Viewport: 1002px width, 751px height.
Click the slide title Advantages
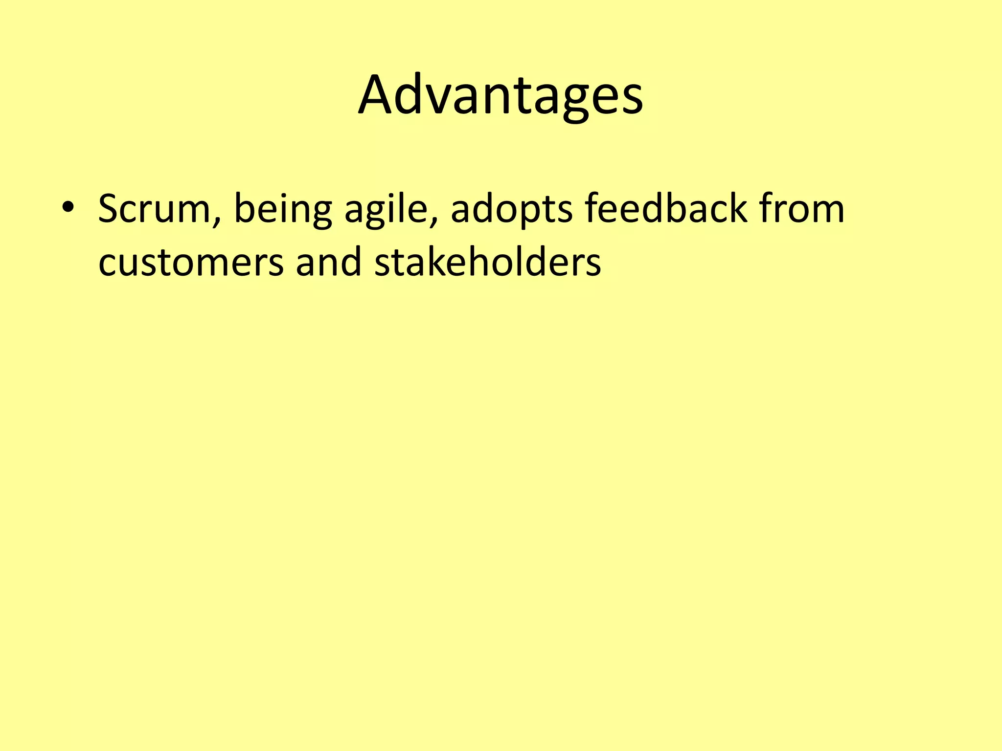click(x=501, y=95)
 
